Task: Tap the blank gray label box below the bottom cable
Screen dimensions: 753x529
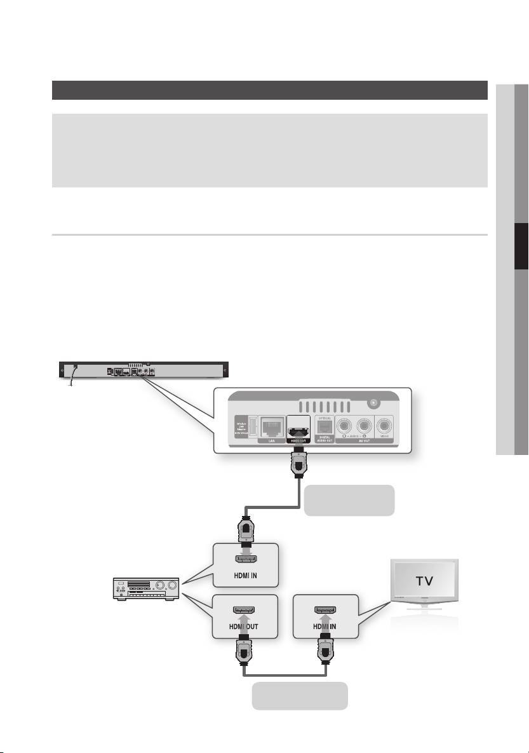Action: click(300, 695)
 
